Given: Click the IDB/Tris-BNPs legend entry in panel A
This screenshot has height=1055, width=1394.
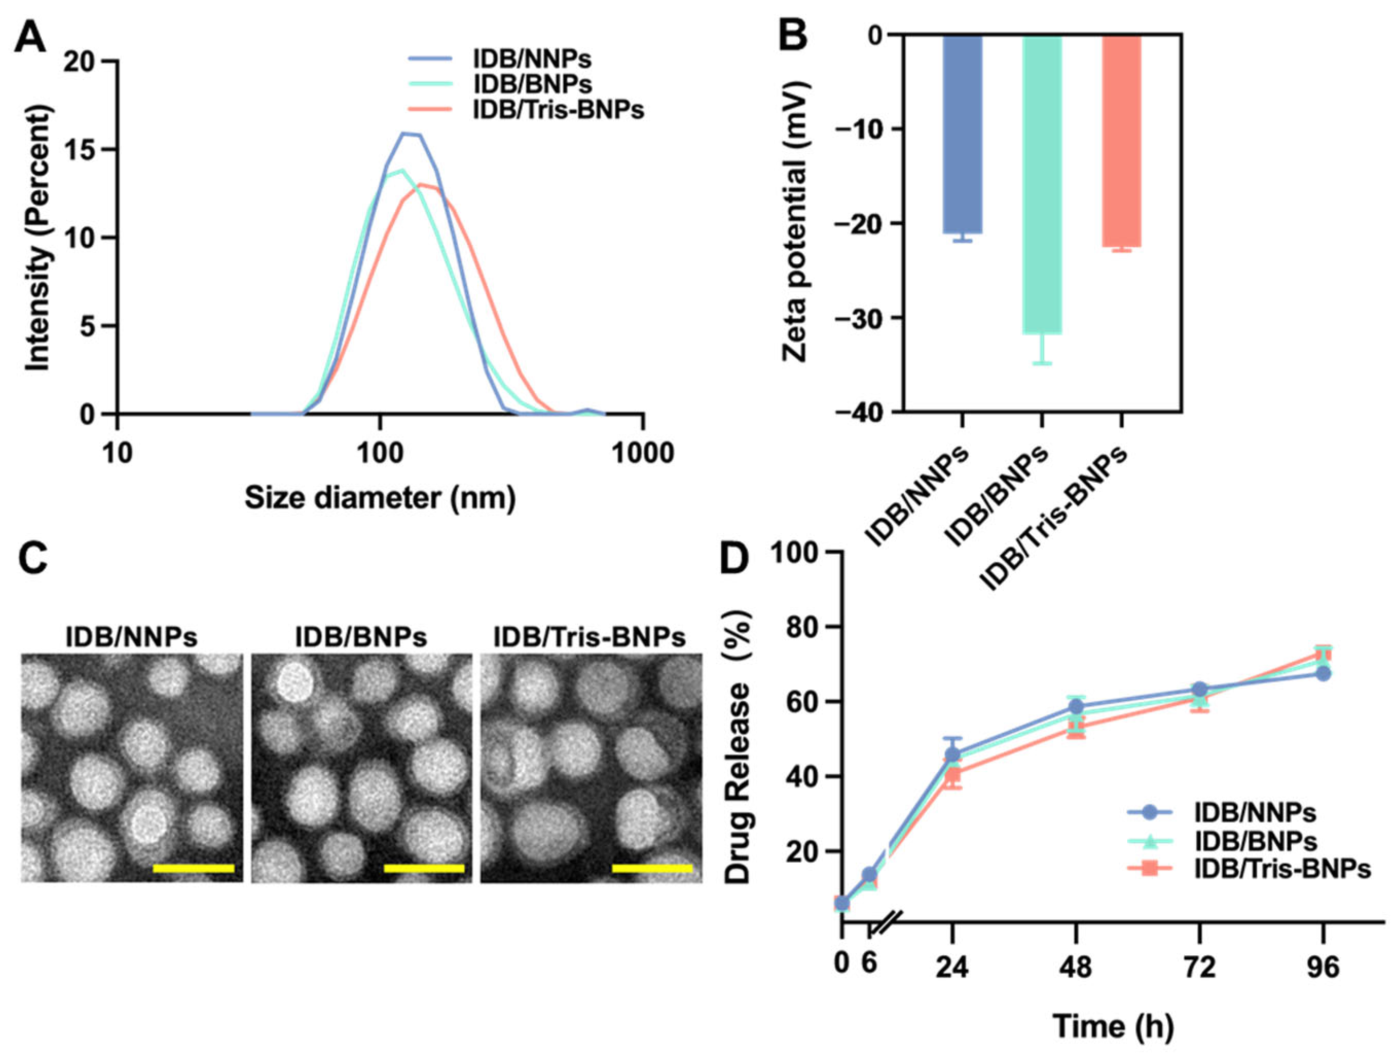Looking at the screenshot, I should click(558, 111).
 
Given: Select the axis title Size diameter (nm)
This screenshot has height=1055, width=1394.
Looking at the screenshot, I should click(380, 498).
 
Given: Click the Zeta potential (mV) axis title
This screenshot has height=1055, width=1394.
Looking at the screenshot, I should click(795, 223).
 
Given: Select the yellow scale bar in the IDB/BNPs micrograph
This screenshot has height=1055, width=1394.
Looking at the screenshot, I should click(424, 868).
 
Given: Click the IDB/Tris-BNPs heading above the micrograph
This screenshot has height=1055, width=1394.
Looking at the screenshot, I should click(589, 638).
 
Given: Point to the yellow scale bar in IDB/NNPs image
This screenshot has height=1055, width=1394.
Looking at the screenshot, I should click(193, 868).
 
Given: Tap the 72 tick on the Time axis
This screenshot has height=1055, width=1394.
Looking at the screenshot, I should click(1199, 967).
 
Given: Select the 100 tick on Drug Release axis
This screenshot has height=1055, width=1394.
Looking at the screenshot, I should click(803, 552).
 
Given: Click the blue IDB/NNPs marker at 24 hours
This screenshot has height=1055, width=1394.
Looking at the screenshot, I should click(952, 754).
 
